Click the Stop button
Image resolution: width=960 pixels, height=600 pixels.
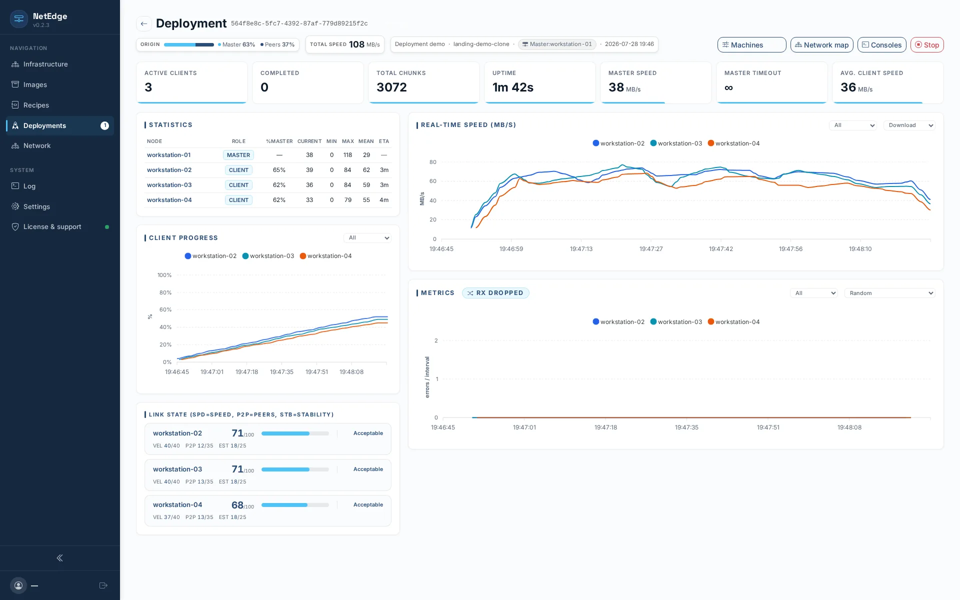pyautogui.click(x=926, y=45)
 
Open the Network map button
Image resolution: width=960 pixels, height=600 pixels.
pyautogui.click(x=821, y=45)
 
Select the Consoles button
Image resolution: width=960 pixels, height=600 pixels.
pyautogui.click(x=881, y=45)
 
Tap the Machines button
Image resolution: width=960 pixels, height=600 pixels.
pyautogui.click(x=751, y=45)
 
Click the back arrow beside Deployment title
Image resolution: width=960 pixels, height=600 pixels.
pyautogui.click(x=144, y=23)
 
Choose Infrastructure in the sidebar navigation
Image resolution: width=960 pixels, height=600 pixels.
pyautogui.click(x=45, y=64)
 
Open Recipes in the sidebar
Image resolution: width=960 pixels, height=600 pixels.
pyautogui.click(x=36, y=105)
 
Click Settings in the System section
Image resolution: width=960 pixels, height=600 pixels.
pyautogui.click(x=36, y=206)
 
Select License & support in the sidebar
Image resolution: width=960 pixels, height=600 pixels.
pyautogui.click(x=52, y=226)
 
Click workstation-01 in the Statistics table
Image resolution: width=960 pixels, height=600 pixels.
pyautogui.click(x=168, y=155)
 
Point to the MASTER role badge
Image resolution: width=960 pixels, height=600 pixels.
pyautogui.click(x=238, y=155)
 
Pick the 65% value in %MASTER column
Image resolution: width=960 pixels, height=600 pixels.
pyautogui.click(x=279, y=170)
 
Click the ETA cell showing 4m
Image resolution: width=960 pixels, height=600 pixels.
pyautogui.click(x=384, y=200)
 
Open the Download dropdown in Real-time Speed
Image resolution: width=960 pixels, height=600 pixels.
pyautogui.click(x=909, y=125)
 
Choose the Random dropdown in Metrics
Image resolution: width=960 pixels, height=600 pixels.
pyautogui.click(x=889, y=293)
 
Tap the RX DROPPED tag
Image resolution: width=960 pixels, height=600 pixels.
pyautogui.click(x=495, y=293)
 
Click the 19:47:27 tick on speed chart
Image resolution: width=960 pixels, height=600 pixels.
pyautogui.click(x=651, y=249)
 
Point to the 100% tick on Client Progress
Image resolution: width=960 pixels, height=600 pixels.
pyautogui.click(x=164, y=275)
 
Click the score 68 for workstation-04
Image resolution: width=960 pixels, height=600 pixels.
pyautogui.click(x=237, y=505)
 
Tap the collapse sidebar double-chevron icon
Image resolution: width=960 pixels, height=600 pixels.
pyautogui.click(x=59, y=558)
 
